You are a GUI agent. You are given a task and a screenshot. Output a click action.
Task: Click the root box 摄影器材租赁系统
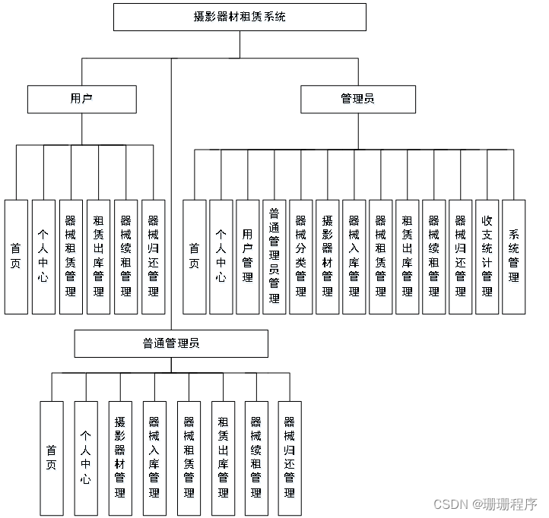(240, 16)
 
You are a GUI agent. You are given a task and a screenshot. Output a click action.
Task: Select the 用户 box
(82, 99)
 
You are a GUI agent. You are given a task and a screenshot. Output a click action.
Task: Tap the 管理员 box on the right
(358, 99)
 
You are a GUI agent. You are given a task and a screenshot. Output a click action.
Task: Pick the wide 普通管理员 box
(171, 343)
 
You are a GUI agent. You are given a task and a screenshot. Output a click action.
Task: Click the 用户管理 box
(247, 257)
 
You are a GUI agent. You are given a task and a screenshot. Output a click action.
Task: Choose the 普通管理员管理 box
(274, 257)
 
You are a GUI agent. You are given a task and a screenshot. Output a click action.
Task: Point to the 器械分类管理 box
(300, 257)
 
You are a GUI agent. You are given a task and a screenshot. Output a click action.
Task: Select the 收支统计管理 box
(487, 257)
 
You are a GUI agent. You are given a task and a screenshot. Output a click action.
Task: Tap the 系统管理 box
(513, 257)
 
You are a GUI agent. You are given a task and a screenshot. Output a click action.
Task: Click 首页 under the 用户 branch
(16, 257)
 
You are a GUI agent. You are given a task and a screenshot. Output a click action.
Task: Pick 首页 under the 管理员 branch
(194, 257)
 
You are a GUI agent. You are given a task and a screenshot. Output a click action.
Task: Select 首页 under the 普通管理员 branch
(52, 458)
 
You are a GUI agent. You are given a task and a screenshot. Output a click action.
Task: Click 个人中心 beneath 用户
(43, 257)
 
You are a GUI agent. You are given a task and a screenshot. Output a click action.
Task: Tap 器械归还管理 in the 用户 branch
(153, 257)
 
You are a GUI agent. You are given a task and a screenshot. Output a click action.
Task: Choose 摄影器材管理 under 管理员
(327, 257)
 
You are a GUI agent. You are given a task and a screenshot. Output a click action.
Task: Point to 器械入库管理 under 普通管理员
(154, 458)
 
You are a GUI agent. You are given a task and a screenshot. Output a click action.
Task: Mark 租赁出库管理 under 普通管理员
(223, 458)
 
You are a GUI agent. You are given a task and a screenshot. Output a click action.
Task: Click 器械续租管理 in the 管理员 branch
(433, 257)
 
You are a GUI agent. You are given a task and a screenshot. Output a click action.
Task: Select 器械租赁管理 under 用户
(71, 257)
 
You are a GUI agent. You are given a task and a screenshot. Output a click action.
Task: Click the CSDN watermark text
(485, 504)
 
